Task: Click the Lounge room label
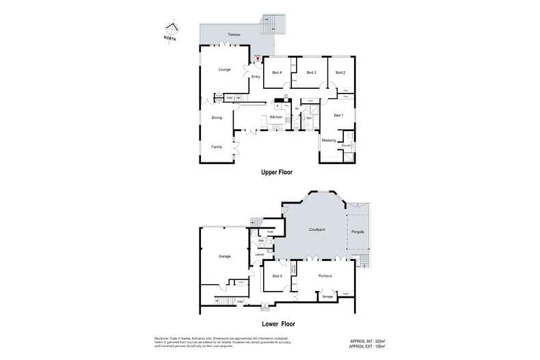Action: point(224,70)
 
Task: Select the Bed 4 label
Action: point(277,72)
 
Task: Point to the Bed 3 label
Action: point(311,72)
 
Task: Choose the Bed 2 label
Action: point(340,72)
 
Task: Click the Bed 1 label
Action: point(338,115)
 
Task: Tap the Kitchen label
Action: point(276,117)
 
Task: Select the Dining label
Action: point(217,117)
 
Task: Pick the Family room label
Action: point(217,147)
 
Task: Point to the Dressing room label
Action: point(329,140)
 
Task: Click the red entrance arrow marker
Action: point(257,59)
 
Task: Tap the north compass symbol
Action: point(172,29)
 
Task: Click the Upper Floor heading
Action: point(277,174)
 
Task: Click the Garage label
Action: point(224,256)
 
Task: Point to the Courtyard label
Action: point(316,230)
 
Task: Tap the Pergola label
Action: point(358,232)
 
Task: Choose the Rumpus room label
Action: point(325,275)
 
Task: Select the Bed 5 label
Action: point(277,275)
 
